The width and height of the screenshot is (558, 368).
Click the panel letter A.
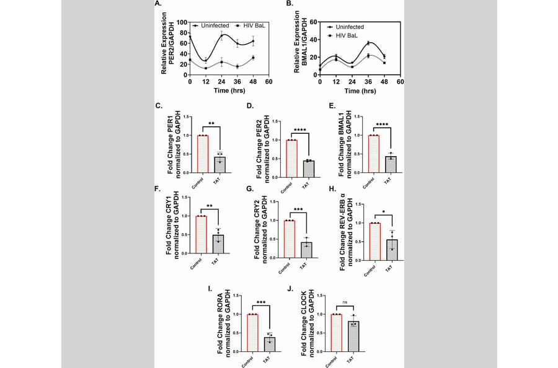coord(157,4)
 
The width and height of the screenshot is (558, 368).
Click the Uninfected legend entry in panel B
coord(350,27)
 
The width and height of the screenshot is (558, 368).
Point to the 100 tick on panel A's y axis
coord(182,22)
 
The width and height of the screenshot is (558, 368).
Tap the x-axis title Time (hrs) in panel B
coord(360,90)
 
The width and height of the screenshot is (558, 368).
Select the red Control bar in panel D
coord(291,159)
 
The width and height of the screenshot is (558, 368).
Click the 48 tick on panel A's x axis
coord(252,82)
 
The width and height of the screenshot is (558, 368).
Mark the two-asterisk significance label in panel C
coord(211,124)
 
